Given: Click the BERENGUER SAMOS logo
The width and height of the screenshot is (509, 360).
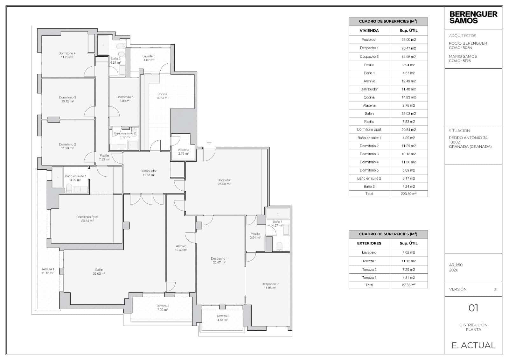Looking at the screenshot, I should (x=473, y=18).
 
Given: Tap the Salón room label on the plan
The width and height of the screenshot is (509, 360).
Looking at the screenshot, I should (x=99, y=270).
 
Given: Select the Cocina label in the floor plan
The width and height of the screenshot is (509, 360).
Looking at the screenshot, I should (x=162, y=94).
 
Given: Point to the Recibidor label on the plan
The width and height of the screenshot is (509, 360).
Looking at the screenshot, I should (x=224, y=180).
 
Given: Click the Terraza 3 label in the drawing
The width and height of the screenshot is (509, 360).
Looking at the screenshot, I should (x=223, y=316).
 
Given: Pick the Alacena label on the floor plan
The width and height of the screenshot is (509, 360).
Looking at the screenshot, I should (x=184, y=150).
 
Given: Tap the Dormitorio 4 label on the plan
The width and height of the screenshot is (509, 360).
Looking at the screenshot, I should (x=67, y=53).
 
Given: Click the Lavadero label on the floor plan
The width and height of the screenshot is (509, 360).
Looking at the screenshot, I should (x=149, y=56).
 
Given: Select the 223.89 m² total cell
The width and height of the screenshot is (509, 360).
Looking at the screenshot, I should (x=408, y=194).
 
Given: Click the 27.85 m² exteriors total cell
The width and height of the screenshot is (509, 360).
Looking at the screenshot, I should (x=408, y=285).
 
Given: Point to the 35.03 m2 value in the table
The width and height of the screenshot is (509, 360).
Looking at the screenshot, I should (x=408, y=114).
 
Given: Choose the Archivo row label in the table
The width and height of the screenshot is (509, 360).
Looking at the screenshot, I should (x=369, y=81).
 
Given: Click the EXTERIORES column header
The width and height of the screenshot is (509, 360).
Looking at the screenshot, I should (x=369, y=243).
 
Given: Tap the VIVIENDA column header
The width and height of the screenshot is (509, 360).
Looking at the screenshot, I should (x=369, y=31).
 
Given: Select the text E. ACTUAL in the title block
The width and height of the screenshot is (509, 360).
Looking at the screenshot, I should (x=473, y=345).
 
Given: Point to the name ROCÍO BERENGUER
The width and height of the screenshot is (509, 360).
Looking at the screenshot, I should (x=468, y=43).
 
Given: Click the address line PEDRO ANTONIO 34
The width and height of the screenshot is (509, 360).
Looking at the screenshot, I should (x=468, y=138).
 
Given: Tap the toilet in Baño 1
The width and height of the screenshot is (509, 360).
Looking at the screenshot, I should (x=280, y=246).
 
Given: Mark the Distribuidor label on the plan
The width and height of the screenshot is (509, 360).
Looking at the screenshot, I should (x=149, y=171).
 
